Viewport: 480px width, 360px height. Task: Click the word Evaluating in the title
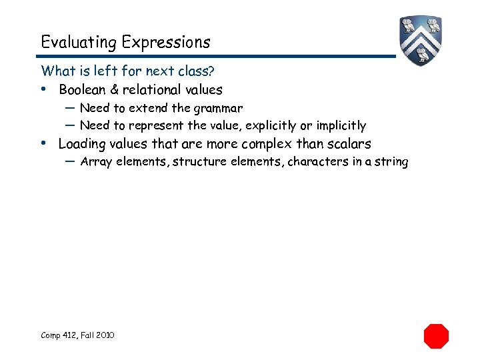[78, 43]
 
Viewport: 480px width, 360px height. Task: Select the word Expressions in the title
[166, 43]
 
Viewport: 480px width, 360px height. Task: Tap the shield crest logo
[421, 40]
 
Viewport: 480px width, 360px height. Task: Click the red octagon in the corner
[437, 335]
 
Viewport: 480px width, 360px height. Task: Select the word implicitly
[341, 126]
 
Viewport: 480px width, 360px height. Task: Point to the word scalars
[347, 144]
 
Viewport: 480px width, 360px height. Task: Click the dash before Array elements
[70, 161]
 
